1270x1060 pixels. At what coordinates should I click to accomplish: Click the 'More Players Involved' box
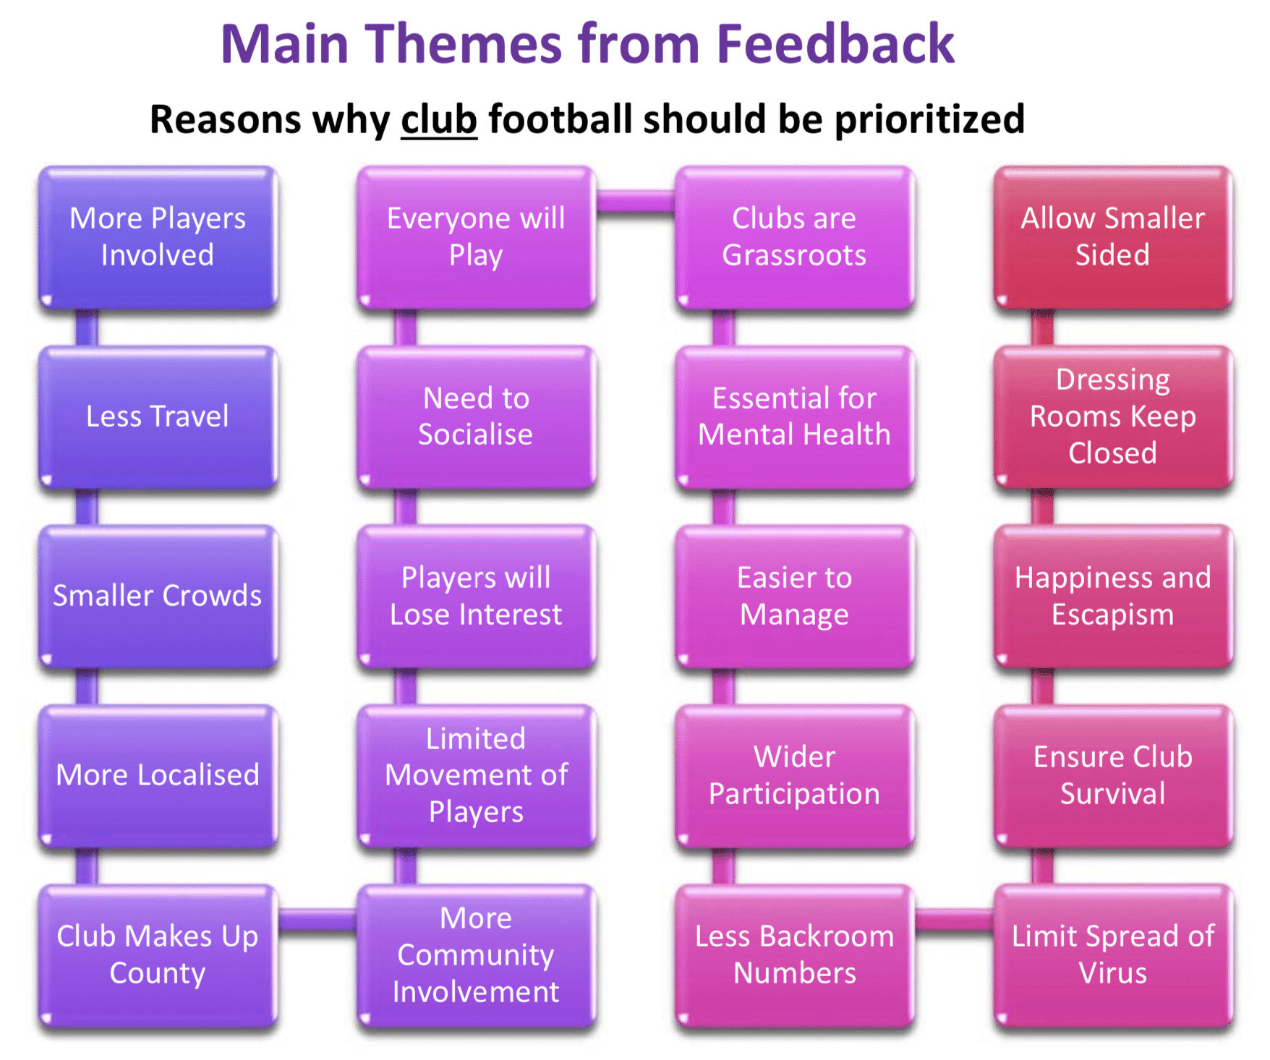tap(158, 238)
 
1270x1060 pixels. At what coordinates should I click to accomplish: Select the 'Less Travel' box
tap(158, 417)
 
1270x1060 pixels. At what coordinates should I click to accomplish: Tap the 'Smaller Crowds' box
tap(158, 597)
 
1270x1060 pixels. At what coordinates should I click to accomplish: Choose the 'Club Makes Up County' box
tap(158, 955)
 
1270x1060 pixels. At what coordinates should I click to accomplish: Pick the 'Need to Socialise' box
tap(477, 417)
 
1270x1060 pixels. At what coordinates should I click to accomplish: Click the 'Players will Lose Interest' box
tap(477, 597)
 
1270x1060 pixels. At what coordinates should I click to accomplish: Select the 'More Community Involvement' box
tap(477, 955)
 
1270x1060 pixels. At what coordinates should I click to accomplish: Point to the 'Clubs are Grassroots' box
tap(795, 238)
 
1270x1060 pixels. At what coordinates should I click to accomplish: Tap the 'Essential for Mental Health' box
tap(795, 417)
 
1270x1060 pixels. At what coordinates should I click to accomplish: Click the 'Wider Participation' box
tap(795, 776)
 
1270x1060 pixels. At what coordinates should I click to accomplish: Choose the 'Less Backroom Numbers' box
tap(795, 955)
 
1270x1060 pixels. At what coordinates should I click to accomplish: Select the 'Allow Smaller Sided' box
tap(1113, 238)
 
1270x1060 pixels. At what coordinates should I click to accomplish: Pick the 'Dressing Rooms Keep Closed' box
tap(1113, 417)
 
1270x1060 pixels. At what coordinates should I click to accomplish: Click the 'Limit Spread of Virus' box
tap(1113, 955)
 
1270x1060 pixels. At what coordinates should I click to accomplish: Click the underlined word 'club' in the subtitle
tap(439, 119)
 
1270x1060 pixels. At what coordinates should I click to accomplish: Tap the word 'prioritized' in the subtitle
tap(930, 119)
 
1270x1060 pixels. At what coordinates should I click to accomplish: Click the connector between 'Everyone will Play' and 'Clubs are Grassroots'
tap(636, 202)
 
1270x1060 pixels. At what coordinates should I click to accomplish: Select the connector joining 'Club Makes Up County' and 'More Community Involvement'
tap(317, 919)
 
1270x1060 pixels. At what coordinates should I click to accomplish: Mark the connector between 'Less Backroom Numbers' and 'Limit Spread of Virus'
tap(954, 919)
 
